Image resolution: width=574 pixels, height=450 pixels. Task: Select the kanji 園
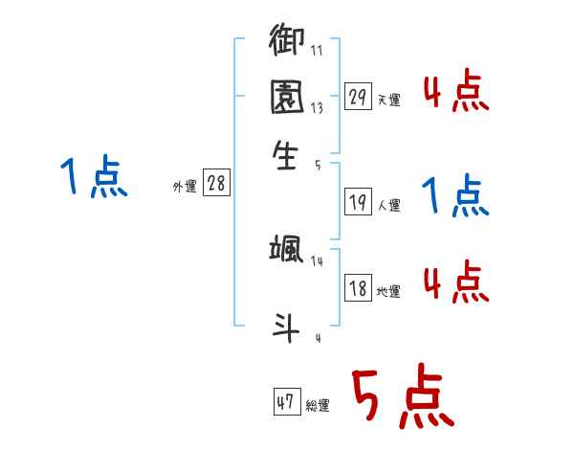pyautogui.click(x=287, y=97)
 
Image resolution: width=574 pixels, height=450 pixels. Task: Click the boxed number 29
pyautogui.click(x=359, y=97)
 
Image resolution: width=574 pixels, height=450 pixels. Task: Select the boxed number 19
pyautogui.click(x=359, y=202)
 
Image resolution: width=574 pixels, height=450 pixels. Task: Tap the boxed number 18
pyautogui.click(x=359, y=289)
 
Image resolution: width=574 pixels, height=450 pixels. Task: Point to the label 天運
pyautogui.click(x=388, y=100)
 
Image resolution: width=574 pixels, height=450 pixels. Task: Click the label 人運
pyautogui.click(x=388, y=205)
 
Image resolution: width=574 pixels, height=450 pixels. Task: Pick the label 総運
pyautogui.click(x=318, y=406)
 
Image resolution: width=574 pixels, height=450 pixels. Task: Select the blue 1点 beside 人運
pyautogui.click(x=455, y=196)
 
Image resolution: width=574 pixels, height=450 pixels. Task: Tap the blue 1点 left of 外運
pyautogui.click(x=93, y=178)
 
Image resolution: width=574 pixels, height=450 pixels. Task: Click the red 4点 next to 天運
pyautogui.click(x=455, y=93)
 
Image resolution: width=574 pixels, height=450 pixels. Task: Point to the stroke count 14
pyautogui.click(x=318, y=261)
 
